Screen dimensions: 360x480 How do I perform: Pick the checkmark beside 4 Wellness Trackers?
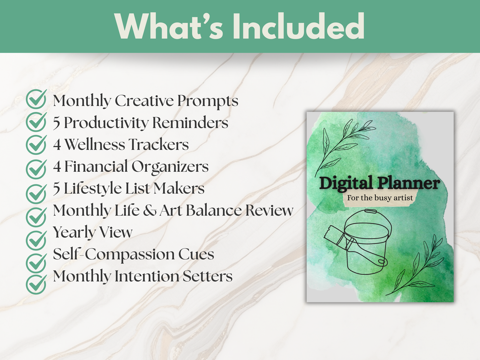36,144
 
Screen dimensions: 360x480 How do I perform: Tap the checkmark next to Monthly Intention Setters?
36,284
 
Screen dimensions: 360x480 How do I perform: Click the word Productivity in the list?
106,123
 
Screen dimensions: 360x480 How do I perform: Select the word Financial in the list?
96,167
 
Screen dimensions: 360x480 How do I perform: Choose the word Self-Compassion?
114,255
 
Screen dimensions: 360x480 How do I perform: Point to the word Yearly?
74,232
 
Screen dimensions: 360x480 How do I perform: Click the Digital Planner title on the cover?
379,183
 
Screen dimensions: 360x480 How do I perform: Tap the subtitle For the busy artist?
380,198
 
